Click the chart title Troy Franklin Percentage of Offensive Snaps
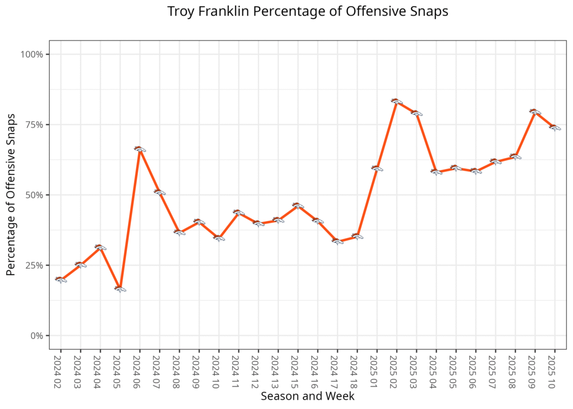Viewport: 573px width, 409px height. click(x=308, y=12)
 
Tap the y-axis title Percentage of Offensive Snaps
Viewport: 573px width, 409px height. click(x=11, y=195)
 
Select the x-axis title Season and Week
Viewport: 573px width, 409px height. click(x=307, y=396)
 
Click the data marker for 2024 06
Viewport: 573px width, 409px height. click(x=140, y=149)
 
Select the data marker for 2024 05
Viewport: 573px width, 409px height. click(x=120, y=289)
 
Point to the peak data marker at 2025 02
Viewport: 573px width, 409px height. click(x=397, y=101)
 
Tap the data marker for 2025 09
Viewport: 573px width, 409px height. click(x=535, y=112)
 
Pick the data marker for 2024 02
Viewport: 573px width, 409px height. click(x=60, y=279)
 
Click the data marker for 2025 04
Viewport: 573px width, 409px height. click(x=436, y=172)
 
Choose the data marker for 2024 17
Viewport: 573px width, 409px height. click(x=337, y=241)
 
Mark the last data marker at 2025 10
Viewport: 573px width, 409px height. click(x=555, y=128)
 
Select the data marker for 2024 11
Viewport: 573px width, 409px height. click(x=238, y=213)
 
